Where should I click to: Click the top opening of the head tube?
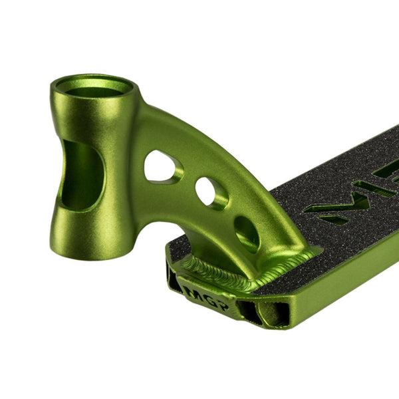[94, 86]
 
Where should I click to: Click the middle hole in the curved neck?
[211, 193]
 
